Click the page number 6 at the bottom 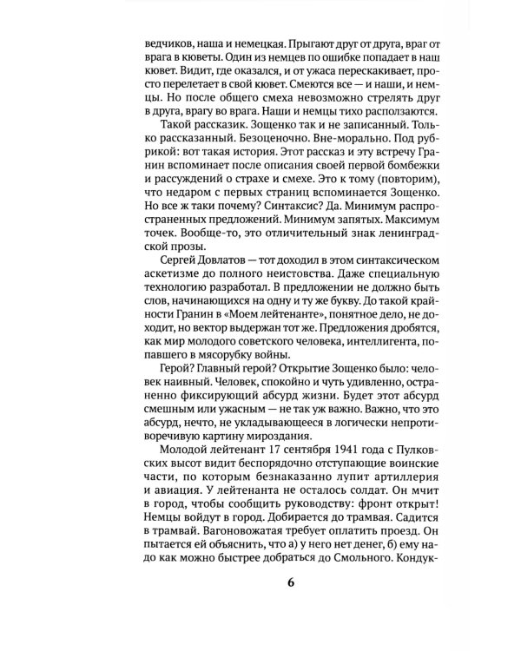pyautogui.click(x=291, y=604)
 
